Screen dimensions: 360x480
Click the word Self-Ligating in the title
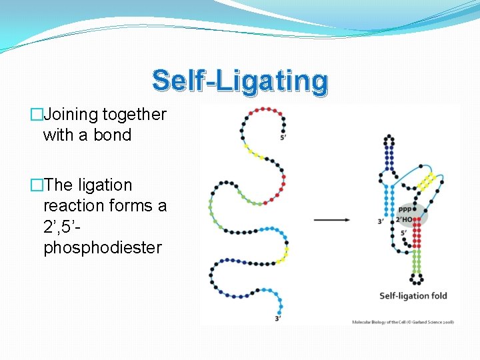pyautogui.click(x=240, y=81)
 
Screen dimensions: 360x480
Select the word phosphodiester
pyautogui.click(x=102, y=247)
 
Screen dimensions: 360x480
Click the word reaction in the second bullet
pyautogui.click(x=71, y=205)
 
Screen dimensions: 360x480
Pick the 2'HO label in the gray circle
pyautogui.click(x=405, y=219)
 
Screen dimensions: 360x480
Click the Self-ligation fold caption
pyautogui.click(x=413, y=295)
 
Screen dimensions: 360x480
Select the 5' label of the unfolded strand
pyautogui.click(x=283, y=137)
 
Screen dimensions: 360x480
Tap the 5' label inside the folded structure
pyautogui.click(x=404, y=233)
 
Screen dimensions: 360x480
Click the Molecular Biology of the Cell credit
pyautogui.click(x=403, y=322)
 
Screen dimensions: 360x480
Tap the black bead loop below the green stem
pyautogui.click(x=417, y=278)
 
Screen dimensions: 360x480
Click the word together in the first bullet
pyautogui.click(x=134, y=115)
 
